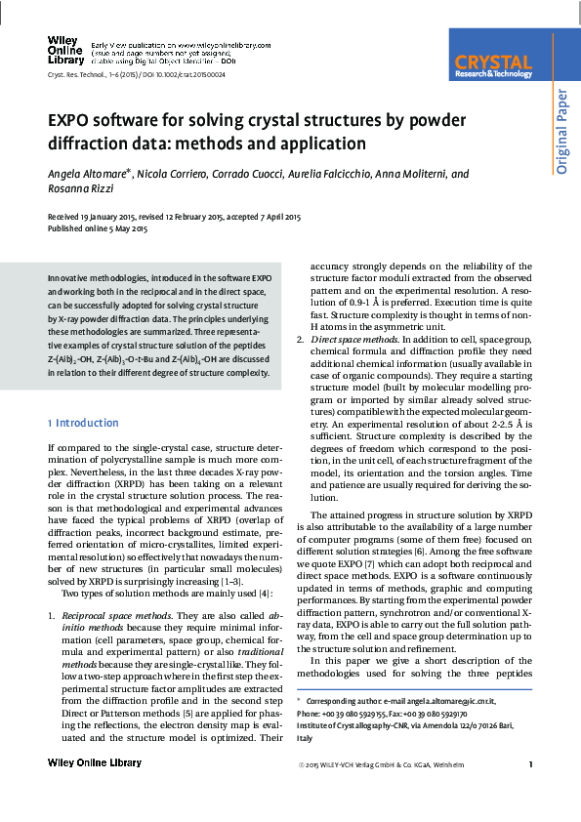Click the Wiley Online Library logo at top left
(63, 50)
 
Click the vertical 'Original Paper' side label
(561, 130)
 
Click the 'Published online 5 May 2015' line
(98, 228)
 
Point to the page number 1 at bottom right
(529, 763)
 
